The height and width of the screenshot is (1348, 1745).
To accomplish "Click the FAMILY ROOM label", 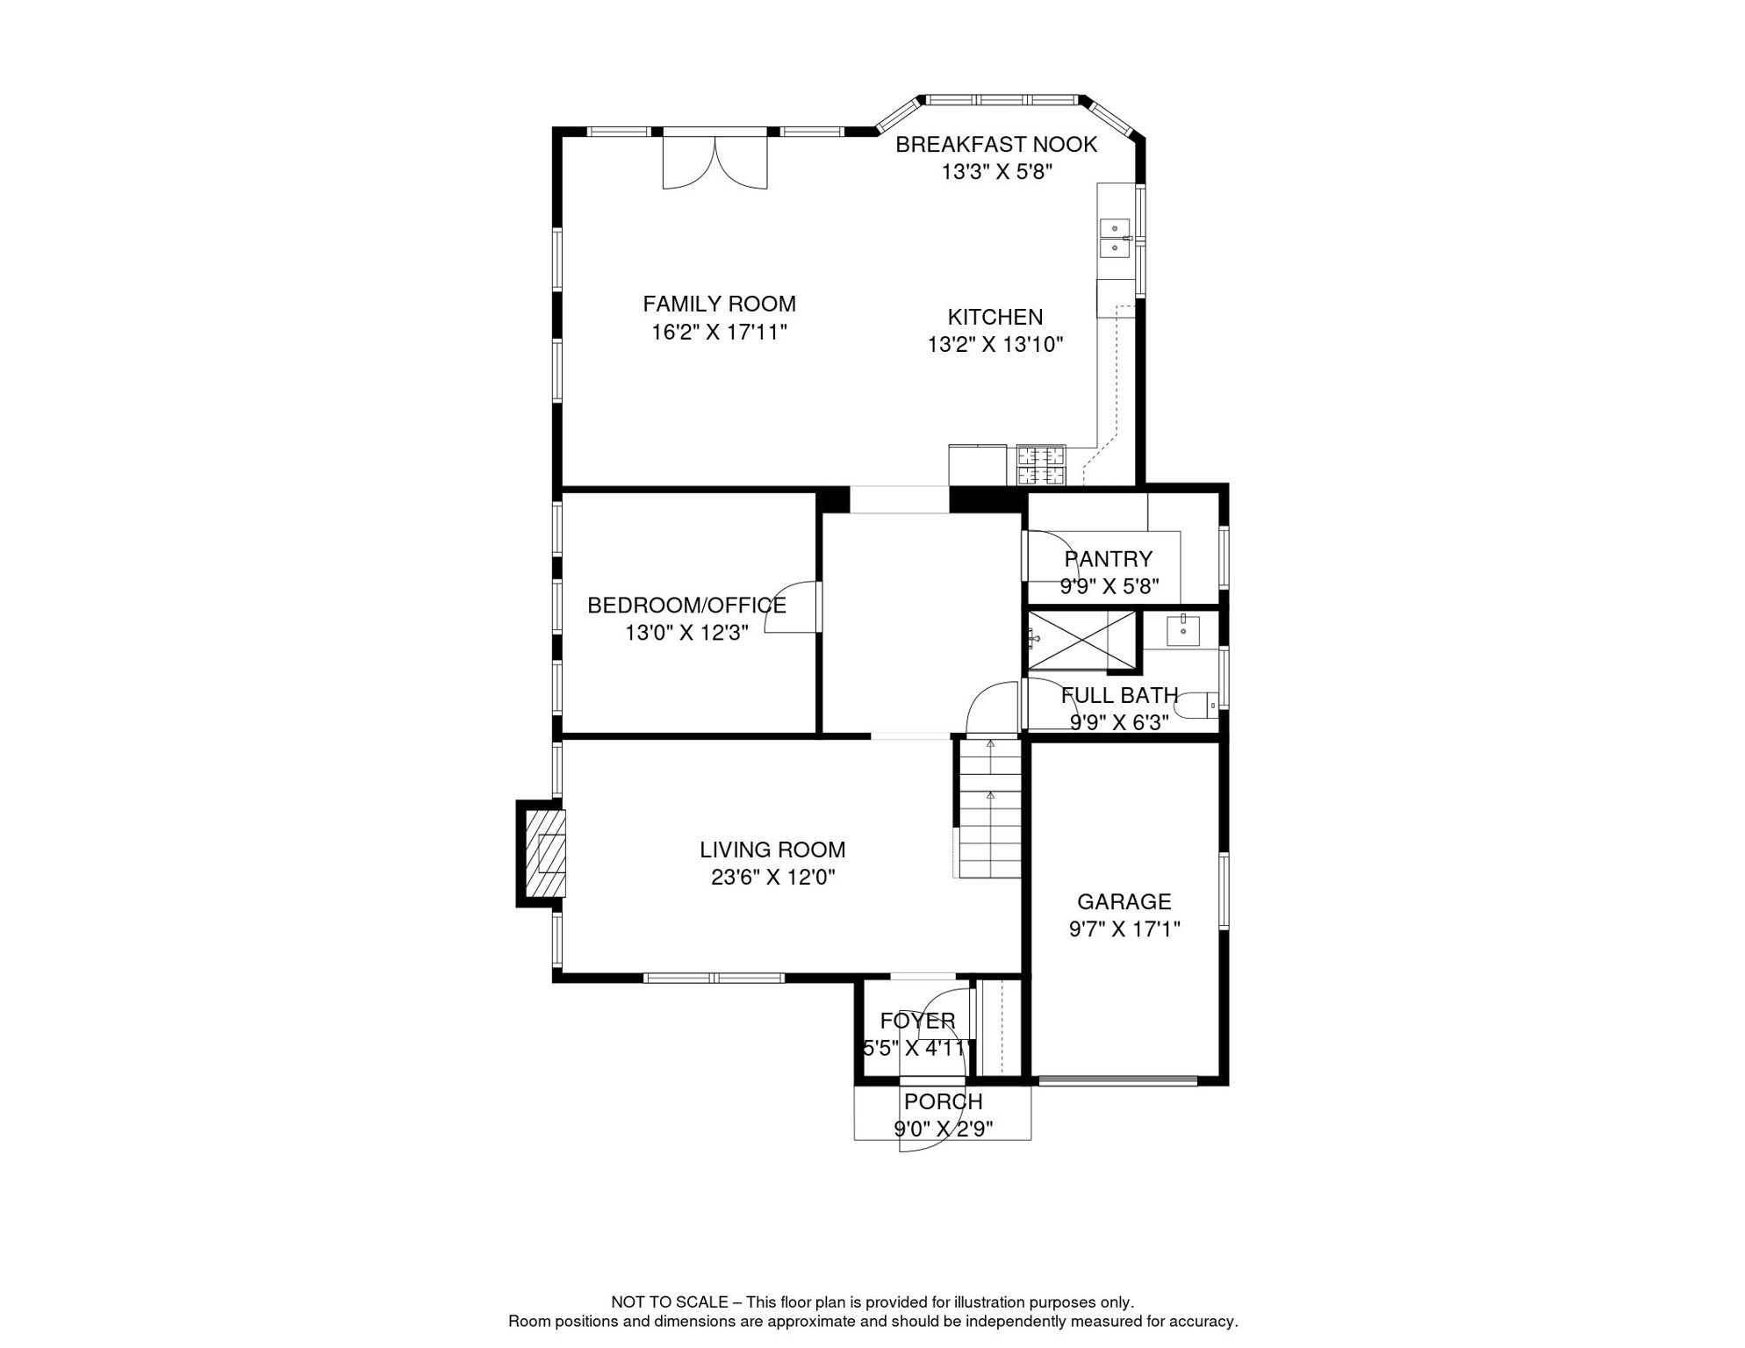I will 719,304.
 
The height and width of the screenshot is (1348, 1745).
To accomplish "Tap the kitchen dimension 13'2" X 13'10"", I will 995,345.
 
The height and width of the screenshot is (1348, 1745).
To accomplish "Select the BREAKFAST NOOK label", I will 995,145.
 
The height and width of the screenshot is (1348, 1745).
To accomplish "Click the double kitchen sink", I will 1114,238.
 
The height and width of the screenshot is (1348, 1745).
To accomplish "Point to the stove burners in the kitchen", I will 1040,466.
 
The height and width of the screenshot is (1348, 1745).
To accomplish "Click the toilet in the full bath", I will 1198,705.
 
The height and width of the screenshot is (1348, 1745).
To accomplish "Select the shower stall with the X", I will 1081,641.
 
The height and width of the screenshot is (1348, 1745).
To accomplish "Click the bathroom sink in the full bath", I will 1182,630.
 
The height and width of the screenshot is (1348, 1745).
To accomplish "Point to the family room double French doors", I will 715,161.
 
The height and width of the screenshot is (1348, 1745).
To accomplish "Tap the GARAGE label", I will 1124,901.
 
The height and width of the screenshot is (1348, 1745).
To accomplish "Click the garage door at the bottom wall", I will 1117,1081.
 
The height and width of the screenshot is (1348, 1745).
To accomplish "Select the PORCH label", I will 943,1101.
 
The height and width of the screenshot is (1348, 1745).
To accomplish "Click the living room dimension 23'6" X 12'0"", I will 772,877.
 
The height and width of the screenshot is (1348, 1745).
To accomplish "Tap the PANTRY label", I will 1108,559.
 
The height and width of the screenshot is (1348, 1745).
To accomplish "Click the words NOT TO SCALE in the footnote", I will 670,1302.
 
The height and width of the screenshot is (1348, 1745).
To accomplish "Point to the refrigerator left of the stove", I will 977,465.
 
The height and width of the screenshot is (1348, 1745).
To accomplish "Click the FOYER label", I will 917,1021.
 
